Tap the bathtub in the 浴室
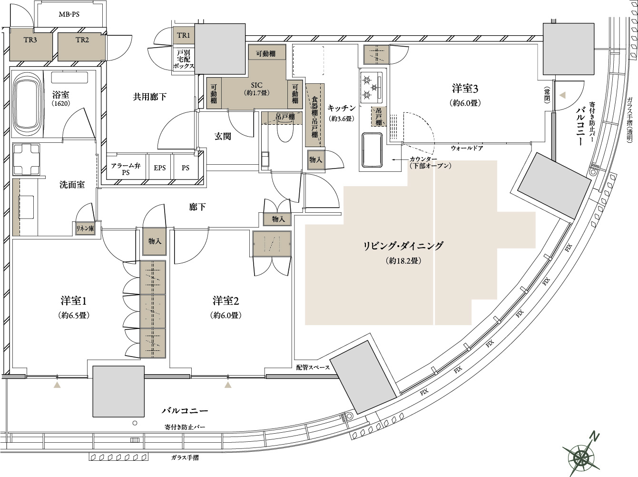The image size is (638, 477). click(x=27, y=104)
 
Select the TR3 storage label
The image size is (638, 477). click(x=30, y=40)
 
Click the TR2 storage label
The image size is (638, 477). click(x=82, y=40)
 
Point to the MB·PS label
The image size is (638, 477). click(x=69, y=14)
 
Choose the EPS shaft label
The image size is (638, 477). click(x=159, y=168)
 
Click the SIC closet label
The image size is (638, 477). click(x=256, y=85)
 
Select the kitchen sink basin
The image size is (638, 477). click(x=372, y=150)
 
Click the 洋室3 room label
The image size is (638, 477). click(x=465, y=89)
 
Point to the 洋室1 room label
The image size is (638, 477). click(x=74, y=301)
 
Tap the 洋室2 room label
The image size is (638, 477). click(x=226, y=301)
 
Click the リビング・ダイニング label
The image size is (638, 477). click(x=403, y=246)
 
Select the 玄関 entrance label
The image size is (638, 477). click(x=223, y=136)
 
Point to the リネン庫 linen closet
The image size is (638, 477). click(x=85, y=229)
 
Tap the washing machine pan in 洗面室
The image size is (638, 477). click(x=26, y=159)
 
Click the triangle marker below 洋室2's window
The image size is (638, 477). click(x=228, y=385)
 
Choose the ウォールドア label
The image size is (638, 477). click(x=467, y=148)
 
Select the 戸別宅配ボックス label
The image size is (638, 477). click(x=184, y=60)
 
